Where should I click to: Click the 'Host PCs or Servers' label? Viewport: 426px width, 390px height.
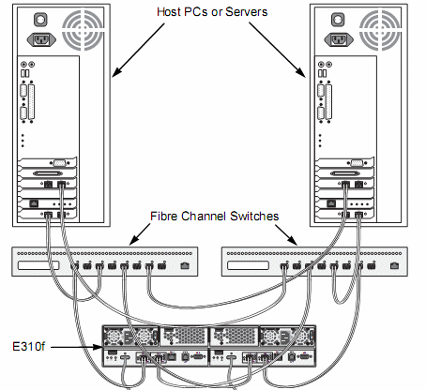[212, 12]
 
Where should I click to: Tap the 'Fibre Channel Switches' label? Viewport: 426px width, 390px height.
[214, 217]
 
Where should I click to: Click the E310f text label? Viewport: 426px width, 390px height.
[28, 347]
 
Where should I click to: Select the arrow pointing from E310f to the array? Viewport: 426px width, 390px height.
[76, 347]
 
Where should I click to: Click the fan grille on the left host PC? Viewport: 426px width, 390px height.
[83, 30]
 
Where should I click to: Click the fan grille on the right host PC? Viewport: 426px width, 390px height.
[380, 30]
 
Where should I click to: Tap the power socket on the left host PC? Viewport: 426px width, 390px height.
[41, 39]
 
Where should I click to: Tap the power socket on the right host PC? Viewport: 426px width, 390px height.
[339, 39]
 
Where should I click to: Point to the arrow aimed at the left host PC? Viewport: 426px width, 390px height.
[138, 50]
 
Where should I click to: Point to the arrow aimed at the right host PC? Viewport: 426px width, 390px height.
[277, 50]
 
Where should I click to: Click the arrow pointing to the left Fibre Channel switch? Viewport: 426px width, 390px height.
[140, 234]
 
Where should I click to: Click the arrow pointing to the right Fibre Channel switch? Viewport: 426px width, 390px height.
[286, 235]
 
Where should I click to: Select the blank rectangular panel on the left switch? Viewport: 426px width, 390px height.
[38, 265]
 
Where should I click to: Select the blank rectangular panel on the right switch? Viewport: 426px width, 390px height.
[248, 265]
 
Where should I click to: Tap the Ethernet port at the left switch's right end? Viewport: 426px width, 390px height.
[185, 266]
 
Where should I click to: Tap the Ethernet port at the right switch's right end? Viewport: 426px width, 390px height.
[395, 266]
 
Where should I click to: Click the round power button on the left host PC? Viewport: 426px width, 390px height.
[40, 20]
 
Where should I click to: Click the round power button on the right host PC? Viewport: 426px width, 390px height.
[338, 20]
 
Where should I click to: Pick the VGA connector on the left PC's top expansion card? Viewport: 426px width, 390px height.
[59, 163]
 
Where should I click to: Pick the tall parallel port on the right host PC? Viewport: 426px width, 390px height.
[328, 102]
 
